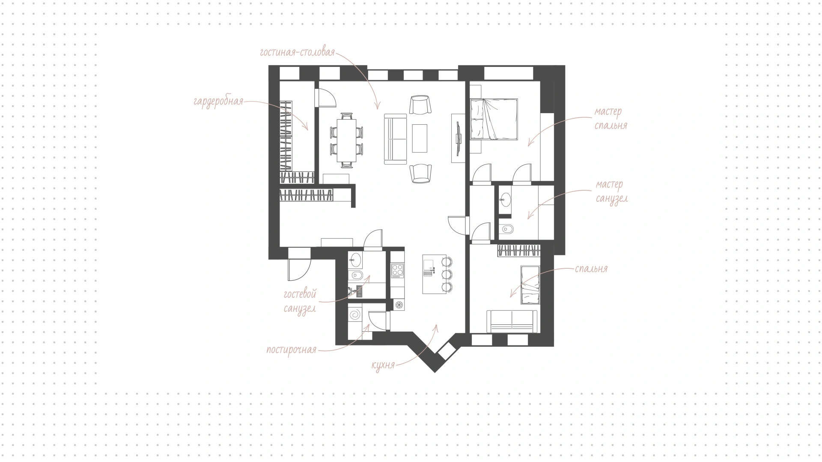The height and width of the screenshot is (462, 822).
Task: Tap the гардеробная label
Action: click(218, 102)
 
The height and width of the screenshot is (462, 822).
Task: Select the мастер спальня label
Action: click(611, 118)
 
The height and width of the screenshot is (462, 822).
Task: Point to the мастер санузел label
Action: click(612, 192)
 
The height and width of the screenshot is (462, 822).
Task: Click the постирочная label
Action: click(291, 350)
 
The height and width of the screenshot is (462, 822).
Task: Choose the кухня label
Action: click(383, 366)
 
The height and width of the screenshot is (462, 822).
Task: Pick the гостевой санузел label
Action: click(300, 301)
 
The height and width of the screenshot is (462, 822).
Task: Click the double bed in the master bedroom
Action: click(494, 120)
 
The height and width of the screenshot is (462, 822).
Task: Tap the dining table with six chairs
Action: click(346, 140)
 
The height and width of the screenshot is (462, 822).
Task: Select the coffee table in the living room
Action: click(420, 138)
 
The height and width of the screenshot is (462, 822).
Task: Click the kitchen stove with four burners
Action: click(397, 270)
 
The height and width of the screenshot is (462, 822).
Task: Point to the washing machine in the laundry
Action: click(355, 316)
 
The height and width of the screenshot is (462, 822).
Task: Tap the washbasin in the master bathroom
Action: click(506, 200)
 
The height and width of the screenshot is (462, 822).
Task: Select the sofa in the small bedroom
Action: click(512, 321)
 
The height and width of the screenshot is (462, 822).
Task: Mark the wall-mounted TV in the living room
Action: click(459, 138)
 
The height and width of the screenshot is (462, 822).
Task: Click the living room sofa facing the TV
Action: click(395, 138)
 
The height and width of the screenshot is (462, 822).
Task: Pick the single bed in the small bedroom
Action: click(529, 284)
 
